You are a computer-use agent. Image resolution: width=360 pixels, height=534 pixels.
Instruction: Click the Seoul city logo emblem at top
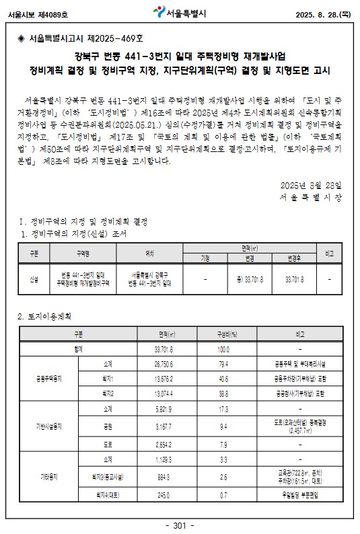[x=159, y=11]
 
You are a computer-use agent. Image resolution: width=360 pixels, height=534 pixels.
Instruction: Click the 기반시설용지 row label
[x=49, y=426]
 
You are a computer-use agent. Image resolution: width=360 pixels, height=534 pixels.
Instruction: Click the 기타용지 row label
[x=49, y=476]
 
